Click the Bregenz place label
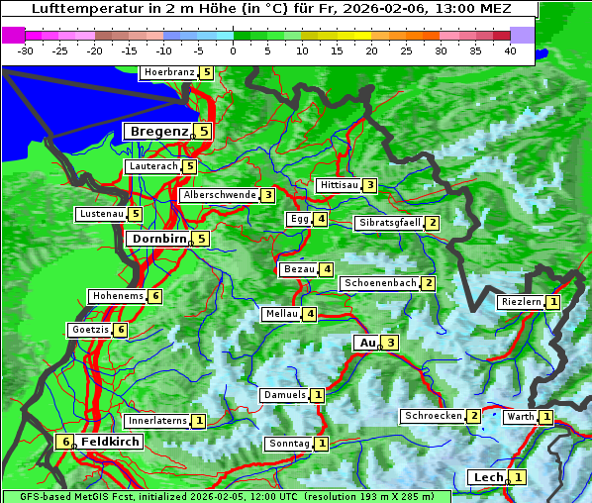(x=158, y=131)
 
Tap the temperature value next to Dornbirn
(x=202, y=239)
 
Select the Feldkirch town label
(x=110, y=442)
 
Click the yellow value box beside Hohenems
(x=155, y=296)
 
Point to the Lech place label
(x=488, y=477)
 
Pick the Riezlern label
(x=521, y=302)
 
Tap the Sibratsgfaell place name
(x=390, y=223)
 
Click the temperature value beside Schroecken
(x=473, y=416)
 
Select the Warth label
(x=521, y=417)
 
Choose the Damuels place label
(x=283, y=395)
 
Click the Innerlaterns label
(x=157, y=421)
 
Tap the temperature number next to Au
(x=391, y=343)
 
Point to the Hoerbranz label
(x=167, y=72)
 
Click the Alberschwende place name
(x=219, y=195)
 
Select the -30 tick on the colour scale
(x=26, y=50)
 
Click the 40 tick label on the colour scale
(x=510, y=50)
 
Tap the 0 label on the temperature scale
(x=233, y=50)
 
